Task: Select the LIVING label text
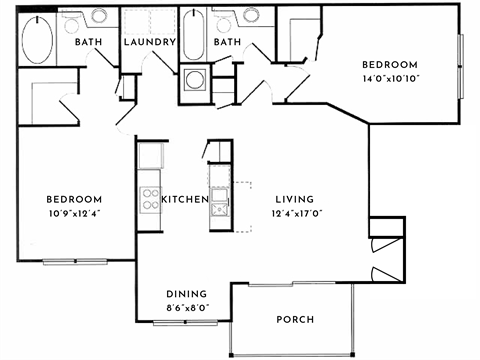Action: [290, 199]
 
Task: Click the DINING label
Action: [187, 294]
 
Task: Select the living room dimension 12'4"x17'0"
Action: [290, 213]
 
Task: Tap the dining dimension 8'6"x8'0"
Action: [187, 308]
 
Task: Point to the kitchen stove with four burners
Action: [150, 198]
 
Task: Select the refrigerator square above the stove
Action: [151, 155]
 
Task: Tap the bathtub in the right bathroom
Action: [193, 36]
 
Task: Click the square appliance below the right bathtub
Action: [193, 84]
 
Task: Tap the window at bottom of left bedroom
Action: [74, 261]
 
